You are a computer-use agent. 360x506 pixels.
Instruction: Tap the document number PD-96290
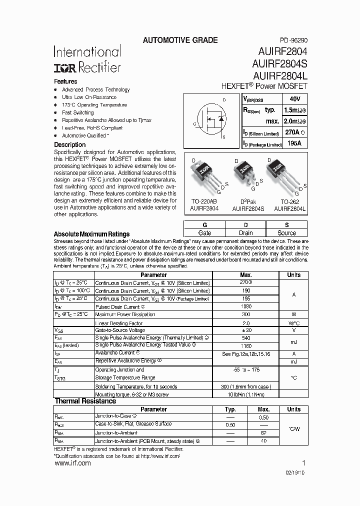(290, 40)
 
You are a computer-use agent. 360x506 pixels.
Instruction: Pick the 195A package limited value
(295, 144)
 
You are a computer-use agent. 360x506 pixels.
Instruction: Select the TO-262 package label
(290, 201)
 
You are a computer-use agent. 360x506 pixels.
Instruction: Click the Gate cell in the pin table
(204, 233)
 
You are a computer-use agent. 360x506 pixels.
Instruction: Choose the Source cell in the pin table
(286, 233)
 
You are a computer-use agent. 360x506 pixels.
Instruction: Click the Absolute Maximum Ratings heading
(91, 234)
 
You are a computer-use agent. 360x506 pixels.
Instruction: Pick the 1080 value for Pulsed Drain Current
(246, 306)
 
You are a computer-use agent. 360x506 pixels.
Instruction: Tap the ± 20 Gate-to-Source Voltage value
(246, 330)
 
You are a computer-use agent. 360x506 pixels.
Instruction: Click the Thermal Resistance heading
(85, 401)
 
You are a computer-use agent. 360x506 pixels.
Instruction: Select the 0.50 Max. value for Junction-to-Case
(263, 417)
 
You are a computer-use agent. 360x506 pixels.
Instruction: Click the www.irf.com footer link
(72, 463)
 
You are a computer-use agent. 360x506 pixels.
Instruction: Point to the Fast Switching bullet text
(77, 112)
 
